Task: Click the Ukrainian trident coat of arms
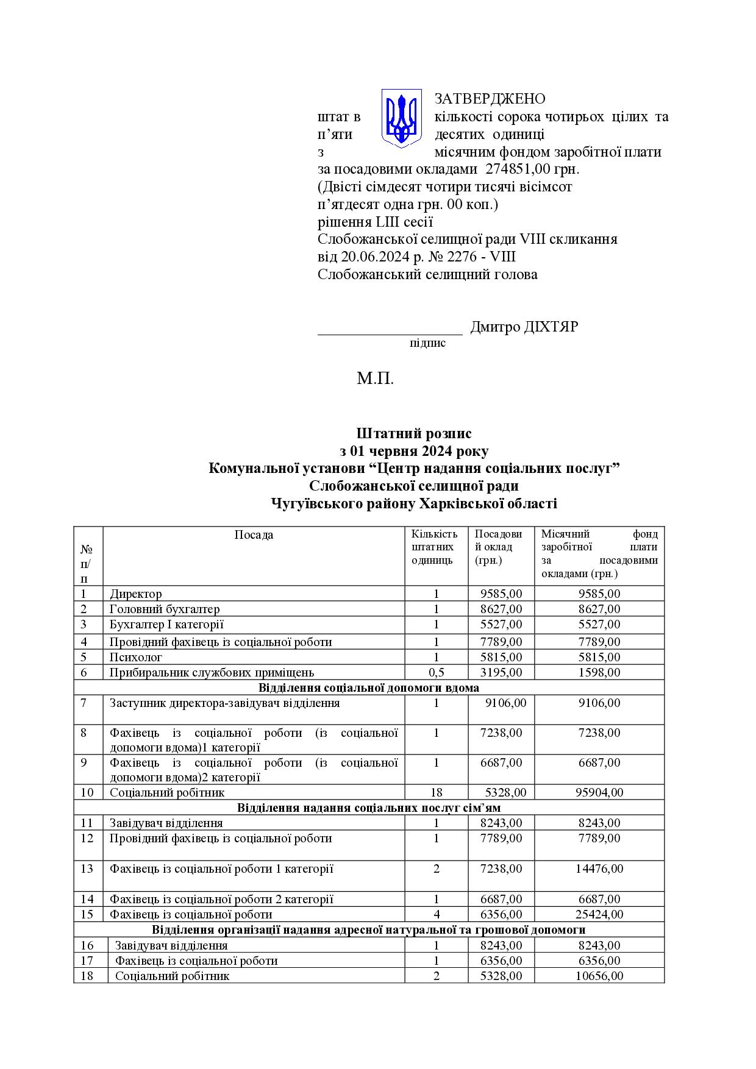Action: coord(401,118)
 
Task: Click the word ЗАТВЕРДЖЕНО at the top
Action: coord(490,99)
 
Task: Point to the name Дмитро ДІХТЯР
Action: coord(524,327)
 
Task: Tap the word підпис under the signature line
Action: coord(427,343)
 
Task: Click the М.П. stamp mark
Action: coord(376,379)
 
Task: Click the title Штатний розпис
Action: coord(414,433)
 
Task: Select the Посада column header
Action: coord(254,535)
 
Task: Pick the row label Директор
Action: coord(136,594)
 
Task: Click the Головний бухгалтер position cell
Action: coord(165,609)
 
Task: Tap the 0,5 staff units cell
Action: coord(437,672)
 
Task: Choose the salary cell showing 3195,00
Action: coord(501,672)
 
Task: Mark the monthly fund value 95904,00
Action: coord(599,792)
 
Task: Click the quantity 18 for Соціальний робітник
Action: coord(437,792)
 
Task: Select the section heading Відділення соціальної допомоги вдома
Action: coord(369,687)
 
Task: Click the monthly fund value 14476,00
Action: coord(599,868)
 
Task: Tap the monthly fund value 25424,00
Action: coord(599,914)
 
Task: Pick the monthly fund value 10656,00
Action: coord(599,976)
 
